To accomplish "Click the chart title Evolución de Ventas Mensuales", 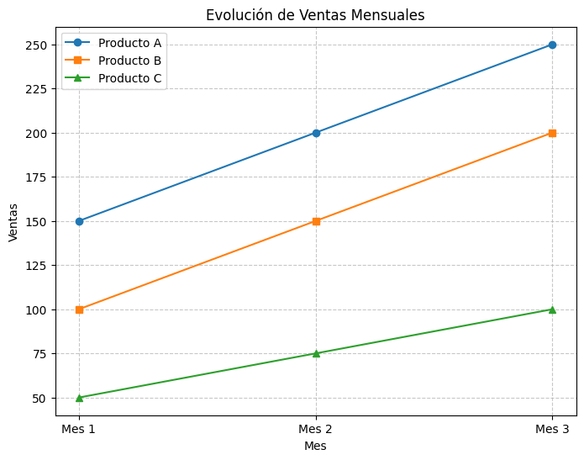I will tap(315, 14).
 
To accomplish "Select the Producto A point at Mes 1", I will tap(79, 221).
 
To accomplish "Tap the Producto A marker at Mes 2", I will tap(316, 133).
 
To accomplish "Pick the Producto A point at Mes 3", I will tap(552, 45).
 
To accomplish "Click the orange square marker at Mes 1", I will tap(79, 309).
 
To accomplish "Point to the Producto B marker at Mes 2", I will tap(316, 221).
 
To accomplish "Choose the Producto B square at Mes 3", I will tap(552, 133).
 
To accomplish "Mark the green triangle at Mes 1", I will tap(79, 398).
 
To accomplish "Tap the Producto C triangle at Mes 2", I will tap(316, 353).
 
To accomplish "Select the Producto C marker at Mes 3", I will tap(552, 309).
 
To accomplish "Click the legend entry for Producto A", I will tap(129, 42).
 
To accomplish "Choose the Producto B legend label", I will tap(129, 61).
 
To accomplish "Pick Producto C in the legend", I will tap(129, 79).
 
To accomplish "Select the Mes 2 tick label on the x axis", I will tap(316, 430).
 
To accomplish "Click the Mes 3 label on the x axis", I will tap(552, 430).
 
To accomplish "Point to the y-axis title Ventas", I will tap(13, 221).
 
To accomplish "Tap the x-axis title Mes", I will tap(315, 447).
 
